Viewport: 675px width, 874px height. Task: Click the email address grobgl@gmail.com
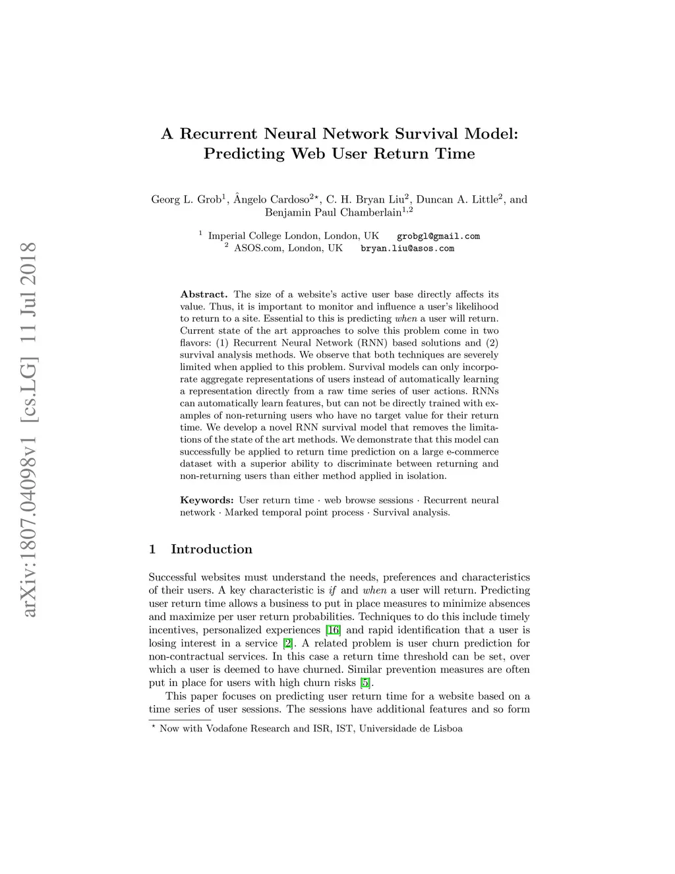pyautogui.click(x=438, y=236)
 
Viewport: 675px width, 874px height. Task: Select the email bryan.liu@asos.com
pyautogui.click(x=407, y=249)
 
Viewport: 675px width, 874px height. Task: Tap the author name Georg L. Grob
pyautogui.click(x=187, y=199)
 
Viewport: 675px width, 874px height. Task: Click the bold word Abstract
pyautogui.click(x=204, y=295)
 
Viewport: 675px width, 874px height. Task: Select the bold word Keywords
pyautogui.click(x=206, y=501)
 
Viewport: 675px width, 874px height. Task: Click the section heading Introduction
pyautogui.click(x=211, y=549)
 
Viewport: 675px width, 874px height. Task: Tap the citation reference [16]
pyautogui.click(x=334, y=630)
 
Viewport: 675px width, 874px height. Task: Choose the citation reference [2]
pyautogui.click(x=287, y=643)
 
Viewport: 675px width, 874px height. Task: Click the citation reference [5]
pyautogui.click(x=365, y=683)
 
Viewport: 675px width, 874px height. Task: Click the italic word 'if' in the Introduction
pyautogui.click(x=332, y=590)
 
